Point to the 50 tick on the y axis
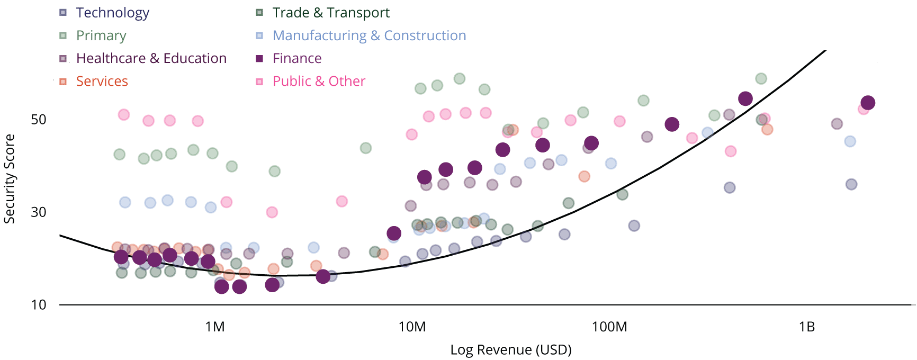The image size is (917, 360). pyautogui.click(x=39, y=119)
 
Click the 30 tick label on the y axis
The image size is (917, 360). pyautogui.click(x=39, y=212)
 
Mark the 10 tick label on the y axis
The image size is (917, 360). pyautogui.click(x=39, y=304)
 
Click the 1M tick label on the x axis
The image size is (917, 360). pyautogui.click(x=215, y=327)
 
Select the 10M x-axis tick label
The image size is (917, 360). pyautogui.click(x=412, y=327)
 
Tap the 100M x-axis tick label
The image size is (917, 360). pyautogui.click(x=609, y=327)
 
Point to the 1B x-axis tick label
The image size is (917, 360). pyautogui.click(x=806, y=327)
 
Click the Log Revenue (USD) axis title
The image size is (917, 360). pyautogui.click(x=510, y=349)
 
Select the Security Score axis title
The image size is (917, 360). pyautogui.click(x=10, y=178)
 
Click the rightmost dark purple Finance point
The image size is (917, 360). pyautogui.click(x=868, y=103)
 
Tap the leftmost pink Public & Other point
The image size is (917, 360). pyautogui.click(x=124, y=115)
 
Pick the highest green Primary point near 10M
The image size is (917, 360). pyautogui.click(x=460, y=79)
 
